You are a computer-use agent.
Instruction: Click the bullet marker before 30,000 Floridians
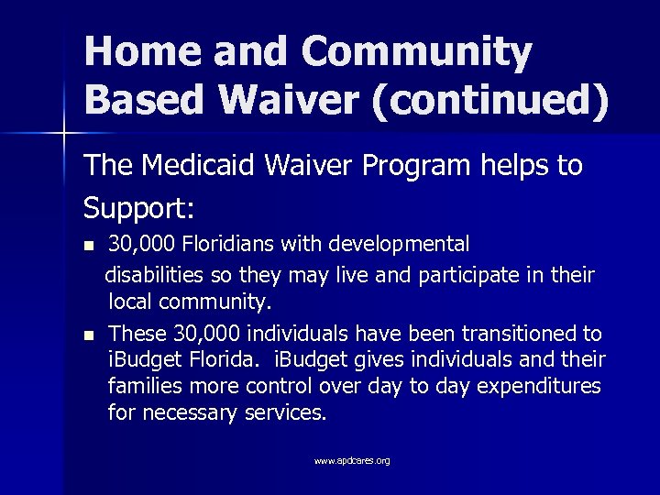(x=88, y=247)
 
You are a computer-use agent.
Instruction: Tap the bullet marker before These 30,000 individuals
(x=88, y=335)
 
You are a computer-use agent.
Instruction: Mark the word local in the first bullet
(x=132, y=301)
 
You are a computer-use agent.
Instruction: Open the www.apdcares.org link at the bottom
(x=352, y=461)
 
